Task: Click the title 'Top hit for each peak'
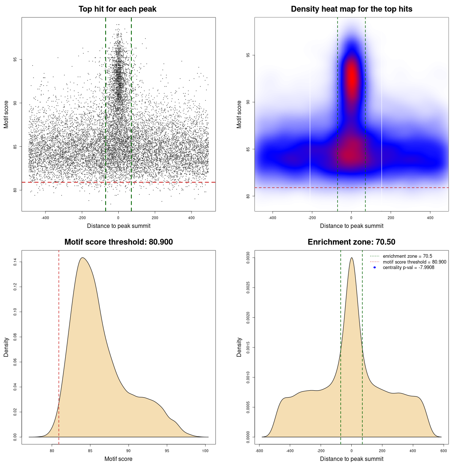pos(118,9)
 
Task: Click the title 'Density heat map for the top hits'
pos(351,9)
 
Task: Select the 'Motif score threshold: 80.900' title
pos(118,242)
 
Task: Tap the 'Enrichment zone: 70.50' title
pos(351,242)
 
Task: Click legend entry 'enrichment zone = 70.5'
pos(407,256)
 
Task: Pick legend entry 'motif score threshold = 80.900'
pos(414,262)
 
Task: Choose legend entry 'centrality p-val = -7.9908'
pos(408,268)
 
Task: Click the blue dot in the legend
pos(375,268)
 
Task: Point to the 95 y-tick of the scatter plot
pos(15,60)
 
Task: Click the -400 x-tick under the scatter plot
pos(45,218)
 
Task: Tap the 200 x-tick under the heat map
pos(391,218)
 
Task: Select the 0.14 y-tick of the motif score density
pos(15,262)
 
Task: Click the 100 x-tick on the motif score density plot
pos(205,451)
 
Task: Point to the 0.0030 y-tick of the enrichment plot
pos(248,258)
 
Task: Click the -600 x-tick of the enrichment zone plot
pos(259,451)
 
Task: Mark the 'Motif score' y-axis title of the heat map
pos(239,114)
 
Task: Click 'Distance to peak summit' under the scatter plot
pos(119,226)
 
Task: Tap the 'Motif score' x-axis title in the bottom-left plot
pos(118,459)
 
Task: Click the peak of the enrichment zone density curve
pos(351,258)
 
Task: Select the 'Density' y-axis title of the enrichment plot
pos(239,347)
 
